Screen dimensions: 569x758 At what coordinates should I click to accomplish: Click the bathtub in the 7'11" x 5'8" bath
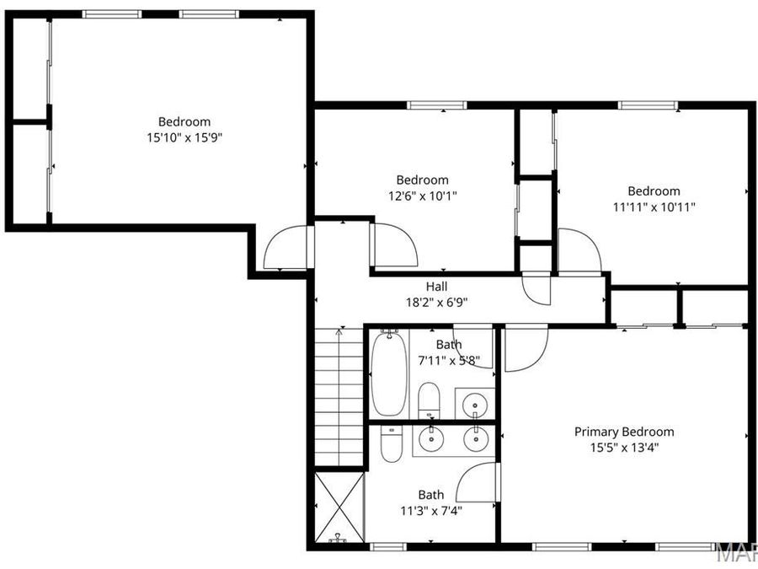point(387,374)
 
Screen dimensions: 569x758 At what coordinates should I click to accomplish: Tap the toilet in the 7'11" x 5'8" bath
point(429,400)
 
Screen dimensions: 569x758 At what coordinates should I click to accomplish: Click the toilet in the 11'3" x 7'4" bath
point(391,443)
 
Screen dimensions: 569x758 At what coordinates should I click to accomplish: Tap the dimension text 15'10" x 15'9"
point(184,137)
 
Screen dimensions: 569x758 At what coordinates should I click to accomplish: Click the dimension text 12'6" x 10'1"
point(422,195)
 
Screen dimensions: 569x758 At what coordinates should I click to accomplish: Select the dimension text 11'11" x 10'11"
point(654,206)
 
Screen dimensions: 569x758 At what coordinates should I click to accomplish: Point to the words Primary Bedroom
point(624,432)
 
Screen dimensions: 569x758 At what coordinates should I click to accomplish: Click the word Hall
point(436,287)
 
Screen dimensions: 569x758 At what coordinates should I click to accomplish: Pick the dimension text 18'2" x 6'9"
point(436,301)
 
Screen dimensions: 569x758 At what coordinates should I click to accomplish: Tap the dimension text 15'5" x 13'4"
point(624,447)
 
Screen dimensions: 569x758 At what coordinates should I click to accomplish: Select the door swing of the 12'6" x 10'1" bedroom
point(394,246)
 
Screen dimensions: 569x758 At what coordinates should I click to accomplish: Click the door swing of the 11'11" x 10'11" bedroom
point(579,251)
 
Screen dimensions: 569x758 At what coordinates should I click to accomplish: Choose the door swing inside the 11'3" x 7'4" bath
point(477,484)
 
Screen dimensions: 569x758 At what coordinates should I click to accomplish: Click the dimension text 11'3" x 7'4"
point(430,509)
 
